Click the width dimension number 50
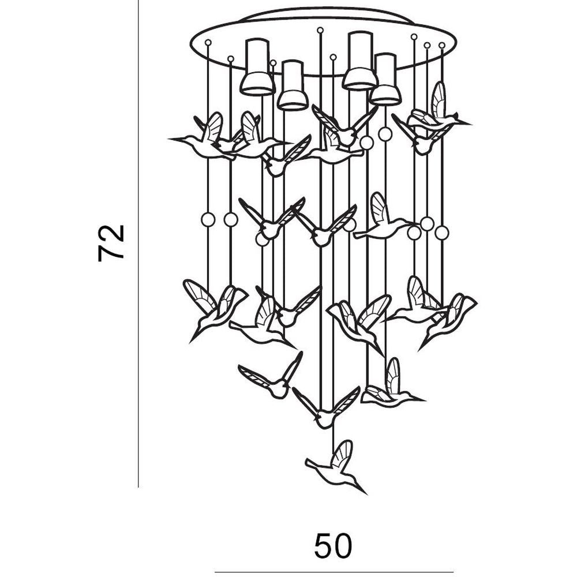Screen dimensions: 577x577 coord(333,546)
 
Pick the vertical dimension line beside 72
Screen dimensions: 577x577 coord(138,243)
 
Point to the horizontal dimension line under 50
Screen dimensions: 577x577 coord(334,572)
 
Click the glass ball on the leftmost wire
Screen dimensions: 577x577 coord(208,220)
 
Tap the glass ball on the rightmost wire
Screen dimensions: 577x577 coord(442,233)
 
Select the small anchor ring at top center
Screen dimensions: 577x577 coord(320,30)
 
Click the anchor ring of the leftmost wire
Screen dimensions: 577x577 coord(208,42)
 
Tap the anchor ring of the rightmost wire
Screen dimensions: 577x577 coord(442,45)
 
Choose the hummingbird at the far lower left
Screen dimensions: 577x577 coord(214,310)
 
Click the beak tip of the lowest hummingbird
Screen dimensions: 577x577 coord(367,494)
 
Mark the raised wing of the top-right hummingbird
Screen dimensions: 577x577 coord(439,99)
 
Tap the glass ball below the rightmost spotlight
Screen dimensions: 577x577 coord(385,134)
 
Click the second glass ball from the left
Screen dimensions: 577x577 coord(231,220)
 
